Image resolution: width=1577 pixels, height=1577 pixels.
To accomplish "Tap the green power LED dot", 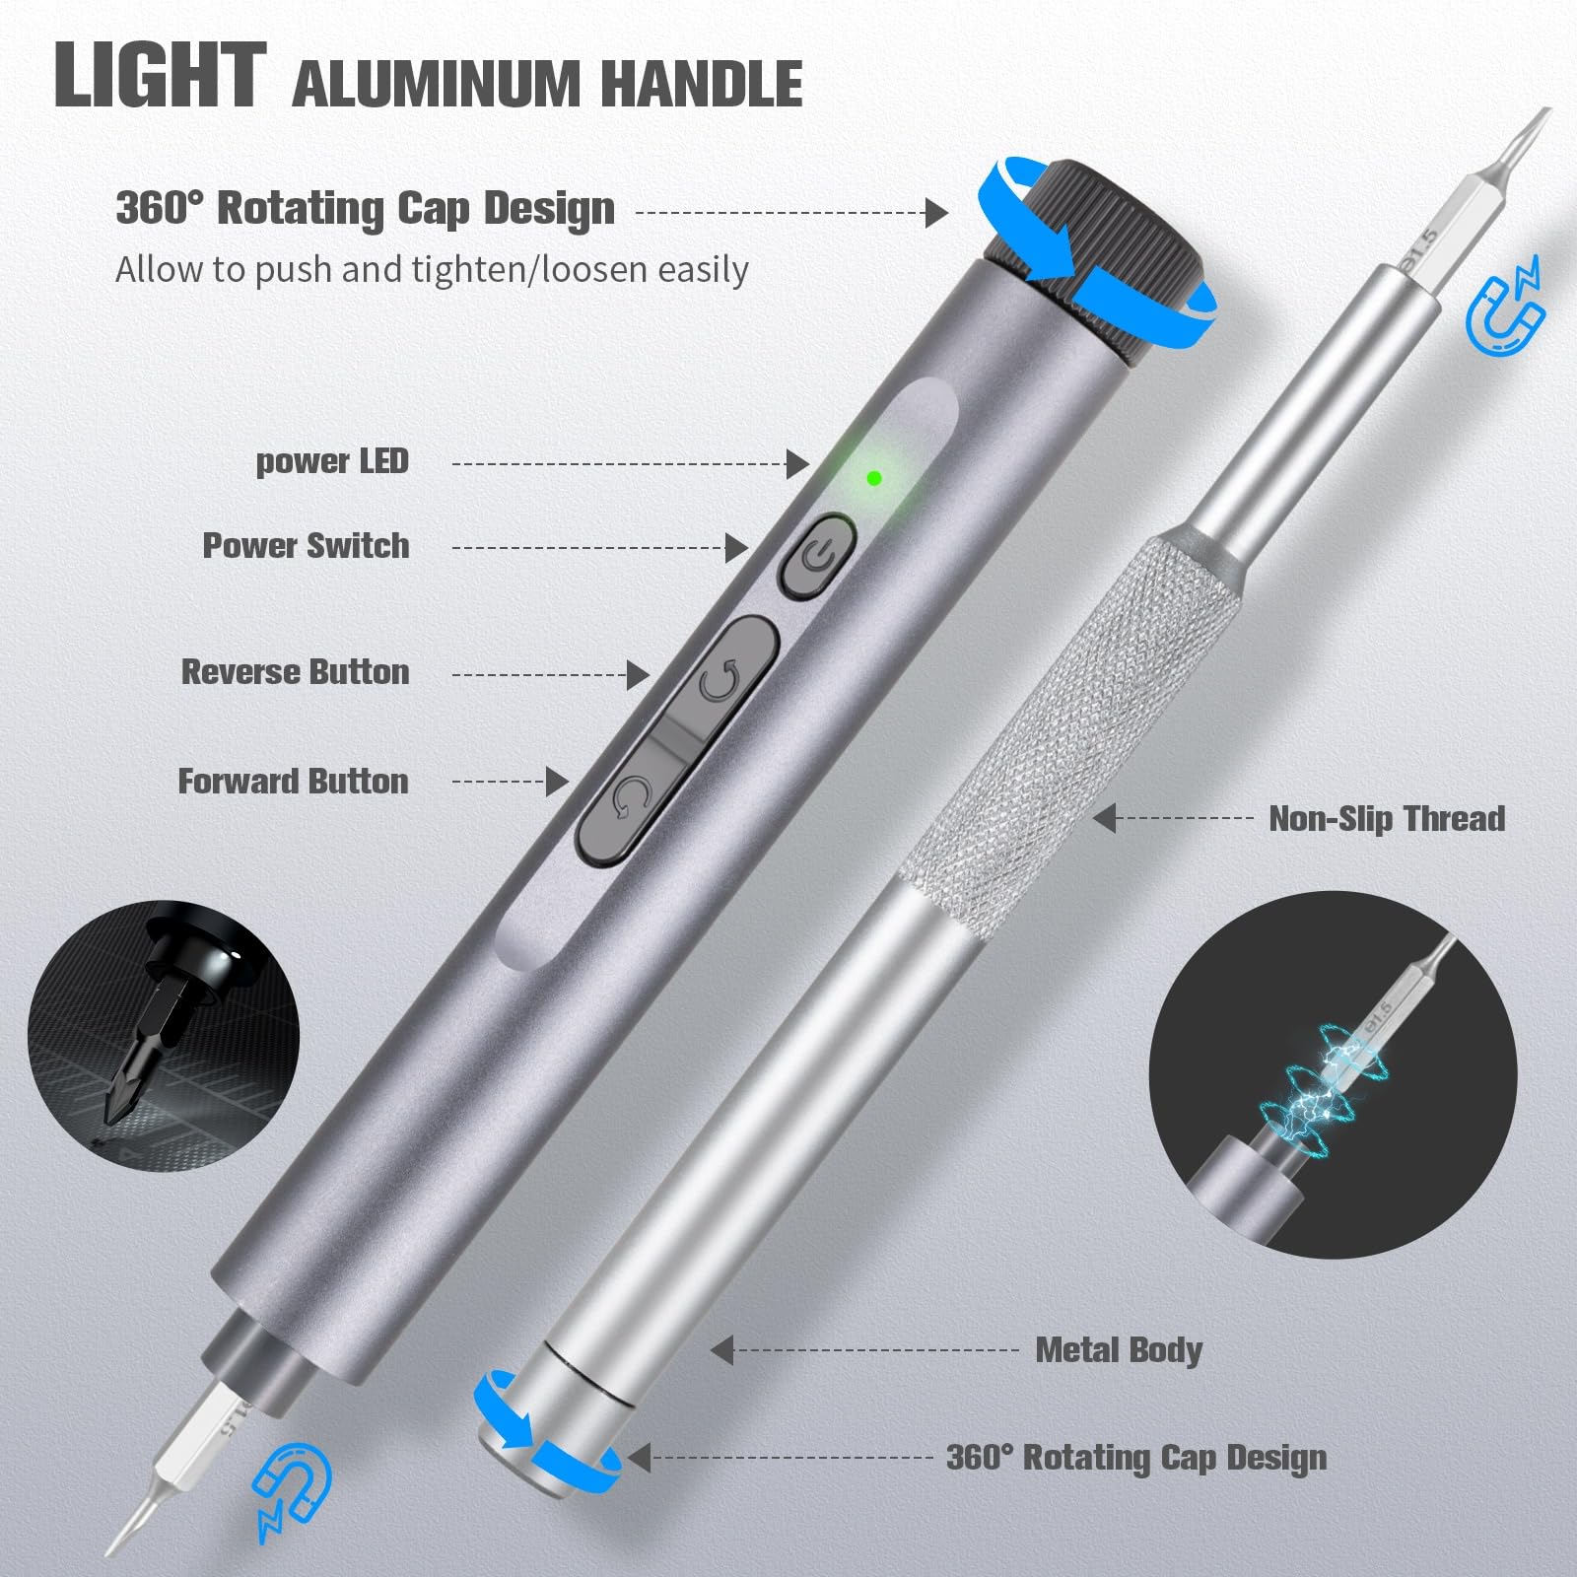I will (x=873, y=478).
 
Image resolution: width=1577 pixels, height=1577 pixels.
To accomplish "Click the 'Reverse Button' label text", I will (x=295, y=672).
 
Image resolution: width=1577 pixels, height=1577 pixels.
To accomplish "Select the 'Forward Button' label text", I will (x=293, y=782).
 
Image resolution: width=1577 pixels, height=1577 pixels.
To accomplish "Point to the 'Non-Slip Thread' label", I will (x=1386, y=819).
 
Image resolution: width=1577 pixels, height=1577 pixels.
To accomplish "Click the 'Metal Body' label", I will (x=1119, y=1350).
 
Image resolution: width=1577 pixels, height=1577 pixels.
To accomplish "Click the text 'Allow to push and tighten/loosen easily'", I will (x=432, y=270).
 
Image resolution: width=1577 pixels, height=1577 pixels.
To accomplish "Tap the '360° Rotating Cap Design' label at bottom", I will (x=1135, y=1458).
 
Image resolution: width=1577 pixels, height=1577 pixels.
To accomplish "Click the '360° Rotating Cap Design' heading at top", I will (x=365, y=209).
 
